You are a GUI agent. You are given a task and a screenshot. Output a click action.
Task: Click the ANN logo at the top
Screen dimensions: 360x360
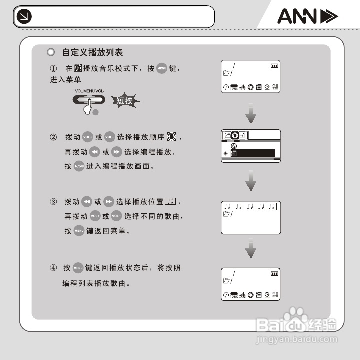coord(307,17)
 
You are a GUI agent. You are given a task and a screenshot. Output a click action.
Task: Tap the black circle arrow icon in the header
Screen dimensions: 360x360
coord(23,17)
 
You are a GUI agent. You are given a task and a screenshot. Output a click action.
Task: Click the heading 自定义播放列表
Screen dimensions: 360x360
coord(92,52)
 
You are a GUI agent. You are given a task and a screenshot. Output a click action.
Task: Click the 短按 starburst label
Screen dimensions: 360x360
coord(124,101)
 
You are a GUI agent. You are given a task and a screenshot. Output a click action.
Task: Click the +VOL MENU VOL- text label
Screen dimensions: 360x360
coord(89,91)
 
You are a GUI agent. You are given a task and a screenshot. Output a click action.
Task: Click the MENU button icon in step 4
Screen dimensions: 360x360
coord(78,268)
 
